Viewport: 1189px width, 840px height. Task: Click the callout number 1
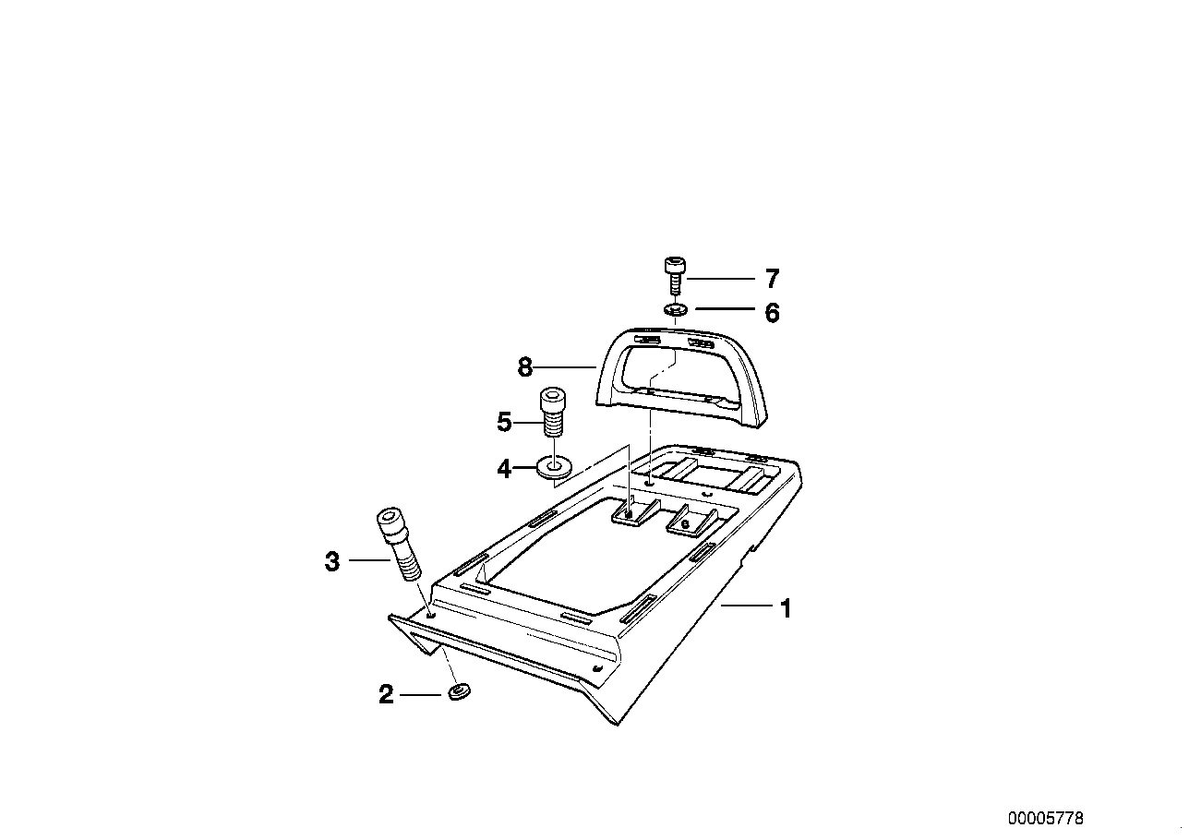787,608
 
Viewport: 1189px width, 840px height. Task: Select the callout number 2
386,694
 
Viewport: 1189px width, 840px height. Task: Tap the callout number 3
332,561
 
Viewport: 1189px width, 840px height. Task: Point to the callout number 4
504,469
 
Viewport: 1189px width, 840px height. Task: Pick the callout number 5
504,423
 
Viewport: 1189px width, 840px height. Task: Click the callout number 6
773,313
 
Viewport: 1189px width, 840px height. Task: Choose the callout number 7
773,279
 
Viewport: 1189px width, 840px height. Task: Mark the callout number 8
525,366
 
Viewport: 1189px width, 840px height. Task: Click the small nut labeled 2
459,692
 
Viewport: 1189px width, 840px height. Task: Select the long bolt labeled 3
399,544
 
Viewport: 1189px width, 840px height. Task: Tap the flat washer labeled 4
554,466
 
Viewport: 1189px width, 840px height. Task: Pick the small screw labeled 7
675,276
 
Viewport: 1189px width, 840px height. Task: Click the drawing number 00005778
1046,818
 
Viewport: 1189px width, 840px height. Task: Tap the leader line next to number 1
747,605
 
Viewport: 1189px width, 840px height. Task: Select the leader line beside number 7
721,278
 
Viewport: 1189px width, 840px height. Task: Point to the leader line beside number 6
725,308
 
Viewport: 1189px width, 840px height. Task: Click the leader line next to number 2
420,694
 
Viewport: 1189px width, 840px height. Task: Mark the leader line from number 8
565,366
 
